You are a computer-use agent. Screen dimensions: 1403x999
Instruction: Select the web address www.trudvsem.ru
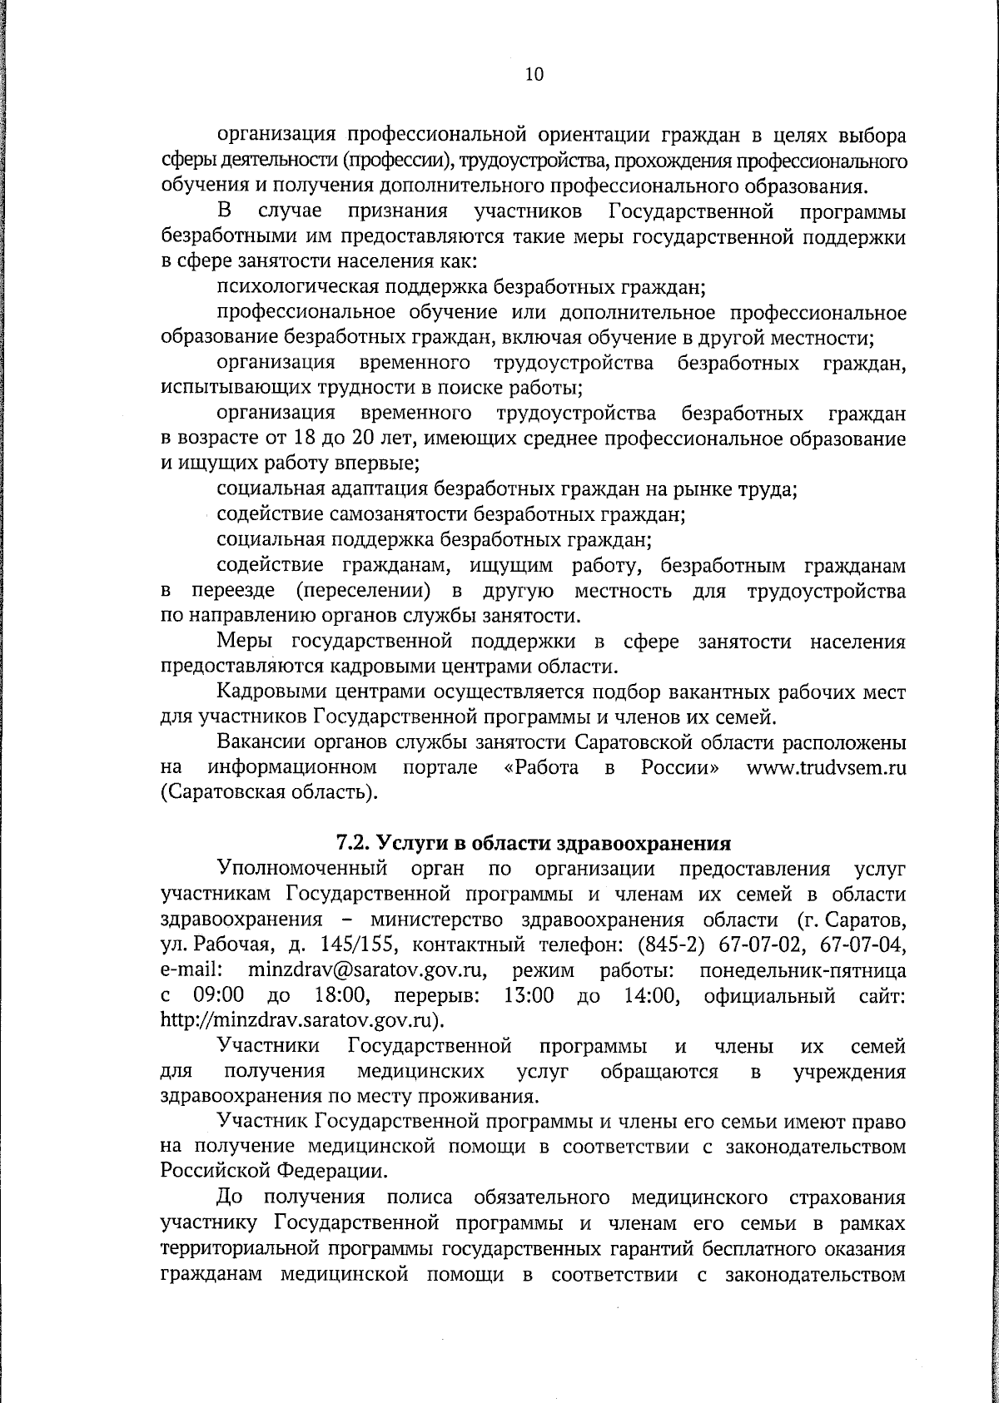826,766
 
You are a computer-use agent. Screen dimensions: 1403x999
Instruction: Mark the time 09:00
219,995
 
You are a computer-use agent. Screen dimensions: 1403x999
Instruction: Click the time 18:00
342,995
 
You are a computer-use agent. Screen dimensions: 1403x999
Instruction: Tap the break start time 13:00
529,995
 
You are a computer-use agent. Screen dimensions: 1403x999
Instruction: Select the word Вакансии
256,741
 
